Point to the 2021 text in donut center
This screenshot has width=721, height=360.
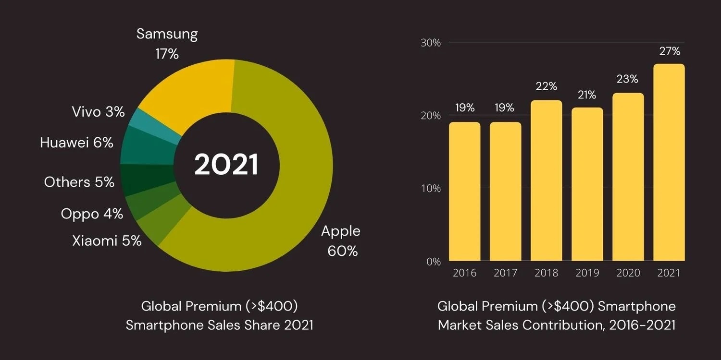(x=226, y=165)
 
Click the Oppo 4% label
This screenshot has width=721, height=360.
(x=92, y=214)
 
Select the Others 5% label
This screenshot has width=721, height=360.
(x=79, y=182)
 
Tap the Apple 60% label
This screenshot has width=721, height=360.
(x=341, y=241)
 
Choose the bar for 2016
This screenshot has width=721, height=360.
(x=464, y=192)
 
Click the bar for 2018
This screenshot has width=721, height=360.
(x=546, y=182)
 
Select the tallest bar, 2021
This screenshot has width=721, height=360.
(x=669, y=163)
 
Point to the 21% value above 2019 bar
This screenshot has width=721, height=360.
(x=586, y=95)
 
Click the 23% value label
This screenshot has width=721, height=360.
(x=627, y=79)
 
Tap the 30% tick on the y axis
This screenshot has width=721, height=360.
(x=431, y=43)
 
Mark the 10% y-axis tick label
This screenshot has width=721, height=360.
(x=431, y=189)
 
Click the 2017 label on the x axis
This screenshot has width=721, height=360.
(x=506, y=273)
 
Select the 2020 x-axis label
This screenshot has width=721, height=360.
(x=628, y=273)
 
